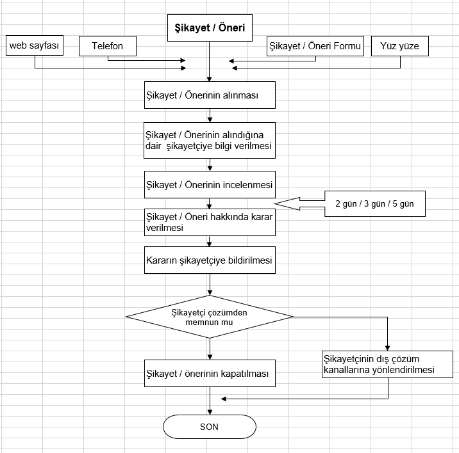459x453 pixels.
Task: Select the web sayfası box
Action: (x=34, y=46)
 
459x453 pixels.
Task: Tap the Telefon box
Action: (x=107, y=46)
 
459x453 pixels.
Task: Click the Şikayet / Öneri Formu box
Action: (x=315, y=46)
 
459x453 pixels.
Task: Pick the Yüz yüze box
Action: (x=400, y=46)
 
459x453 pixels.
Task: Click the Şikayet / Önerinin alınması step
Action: (x=210, y=95)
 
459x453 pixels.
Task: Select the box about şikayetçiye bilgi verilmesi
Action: (x=210, y=141)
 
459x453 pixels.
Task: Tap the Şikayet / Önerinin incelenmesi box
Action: (x=210, y=185)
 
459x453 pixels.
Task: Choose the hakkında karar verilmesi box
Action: (x=210, y=221)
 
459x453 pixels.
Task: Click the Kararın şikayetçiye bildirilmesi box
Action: (x=210, y=261)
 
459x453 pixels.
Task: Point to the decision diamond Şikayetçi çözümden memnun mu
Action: (x=210, y=317)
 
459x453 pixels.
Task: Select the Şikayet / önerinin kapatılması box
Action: (x=210, y=373)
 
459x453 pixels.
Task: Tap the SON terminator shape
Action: (x=210, y=427)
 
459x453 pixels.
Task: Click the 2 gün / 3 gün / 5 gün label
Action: (x=375, y=204)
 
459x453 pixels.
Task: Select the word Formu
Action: (x=348, y=46)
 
